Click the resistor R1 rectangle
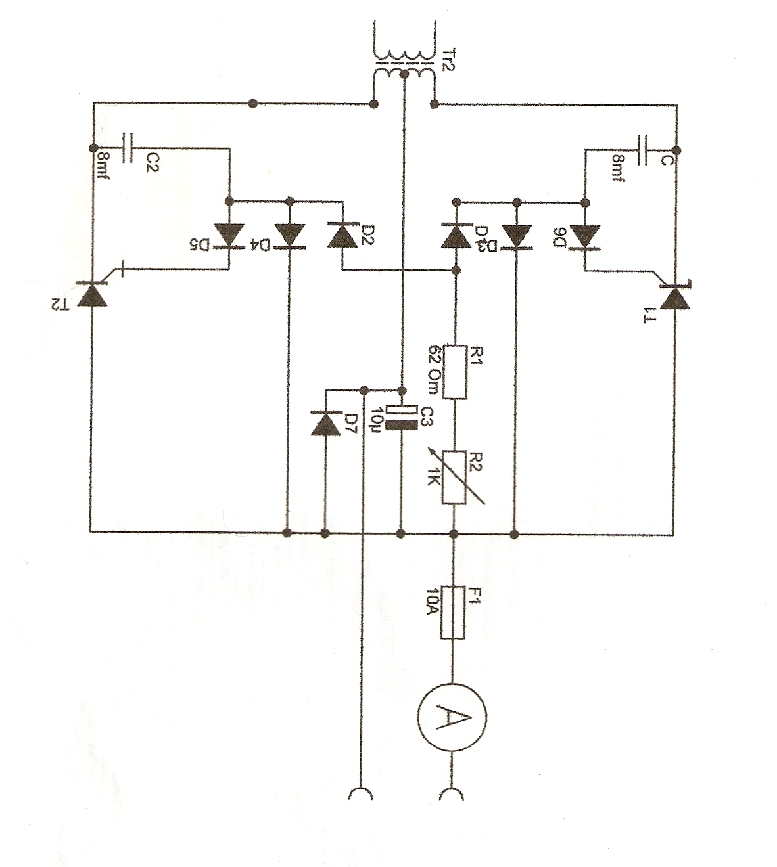coord(455,372)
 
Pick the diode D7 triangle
coord(325,423)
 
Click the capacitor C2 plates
coord(128,148)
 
